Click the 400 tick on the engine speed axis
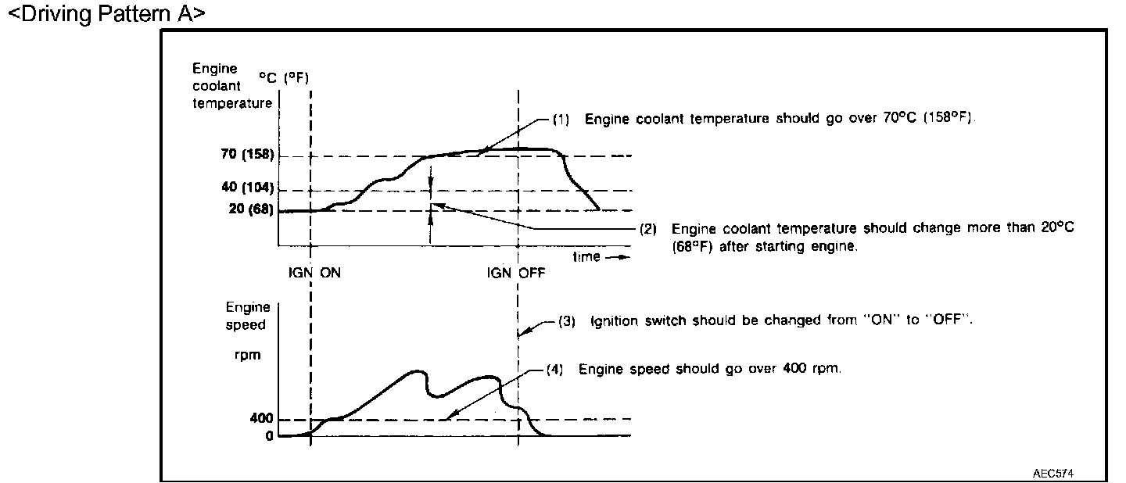(x=262, y=419)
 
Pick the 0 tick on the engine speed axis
(x=270, y=435)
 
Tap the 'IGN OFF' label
(x=515, y=274)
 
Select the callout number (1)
(x=561, y=120)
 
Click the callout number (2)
(x=648, y=229)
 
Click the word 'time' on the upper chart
(x=586, y=256)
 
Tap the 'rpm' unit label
(x=248, y=353)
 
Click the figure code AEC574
(x=1058, y=474)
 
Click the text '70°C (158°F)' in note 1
(x=931, y=120)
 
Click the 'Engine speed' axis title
(x=248, y=316)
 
